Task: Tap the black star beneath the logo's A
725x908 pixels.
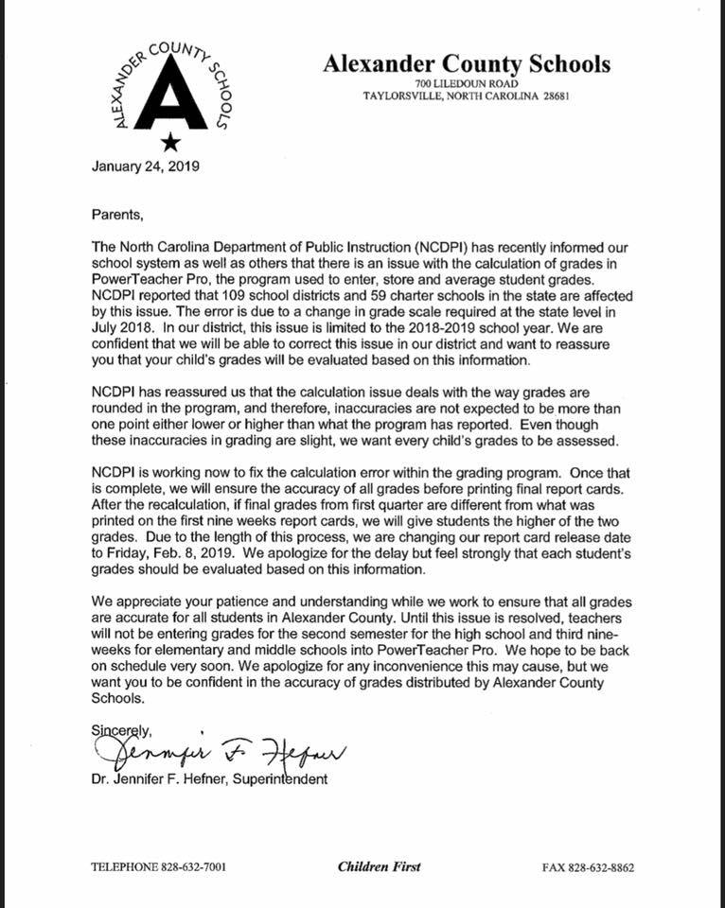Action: pos(169,142)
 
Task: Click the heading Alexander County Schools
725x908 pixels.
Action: pos(467,64)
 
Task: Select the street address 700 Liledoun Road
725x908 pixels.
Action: pos(467,83)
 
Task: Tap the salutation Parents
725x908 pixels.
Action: pos(117,215)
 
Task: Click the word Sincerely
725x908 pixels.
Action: pos(121,729)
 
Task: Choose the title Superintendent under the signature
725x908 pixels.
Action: pos(277,779)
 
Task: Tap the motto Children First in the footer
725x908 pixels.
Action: pos(379,866)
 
